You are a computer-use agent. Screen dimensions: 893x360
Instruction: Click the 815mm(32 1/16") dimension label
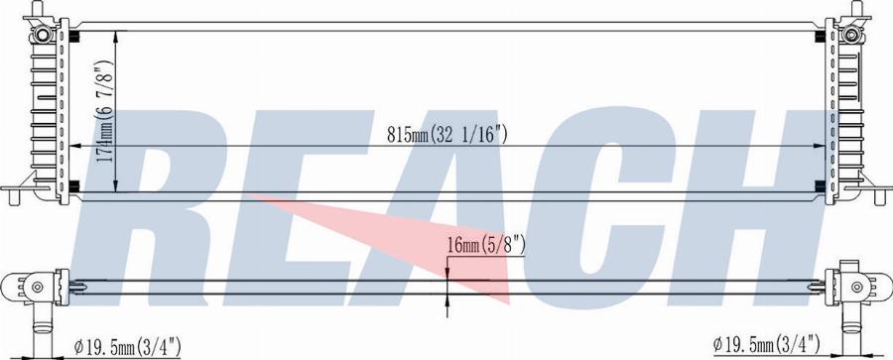click(x=447, y=135)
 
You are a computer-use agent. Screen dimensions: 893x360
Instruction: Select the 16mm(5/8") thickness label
click(x=486, y=246)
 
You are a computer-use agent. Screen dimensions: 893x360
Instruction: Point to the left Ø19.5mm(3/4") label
click(x=128, y=345)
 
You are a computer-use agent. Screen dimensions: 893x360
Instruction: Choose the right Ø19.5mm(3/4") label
click(x=767, y=344)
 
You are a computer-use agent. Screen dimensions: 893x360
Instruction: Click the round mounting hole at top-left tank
click(x=42, y=34)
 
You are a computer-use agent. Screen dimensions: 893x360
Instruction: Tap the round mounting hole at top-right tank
click(x=850, y=34)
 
